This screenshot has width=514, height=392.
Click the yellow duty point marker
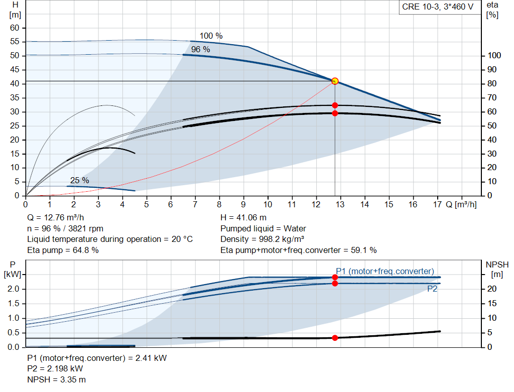click(x=335, y=81)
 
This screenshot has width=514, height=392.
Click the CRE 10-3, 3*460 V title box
click(x=437, y=8)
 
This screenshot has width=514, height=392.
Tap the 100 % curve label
click(x=211, y=36)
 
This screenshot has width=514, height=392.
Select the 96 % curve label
click(x=200, y=49)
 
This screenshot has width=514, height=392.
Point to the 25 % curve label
click(x=79, y=180)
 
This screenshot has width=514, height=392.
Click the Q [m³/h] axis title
click(x=461, y=205)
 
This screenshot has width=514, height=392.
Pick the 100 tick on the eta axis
click(x=494, y=56)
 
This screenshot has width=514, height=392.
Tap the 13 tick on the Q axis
click(x=340, y=205)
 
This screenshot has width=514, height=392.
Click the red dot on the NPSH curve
click(x=335, y=338)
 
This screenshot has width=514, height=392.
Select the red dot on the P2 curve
click(x=335, y=284)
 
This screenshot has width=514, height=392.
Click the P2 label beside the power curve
click(x=432, y=289)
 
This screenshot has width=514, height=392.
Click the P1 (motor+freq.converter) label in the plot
click(x=384, y=271)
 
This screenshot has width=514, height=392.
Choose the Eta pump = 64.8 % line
click(x=63, y=250)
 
